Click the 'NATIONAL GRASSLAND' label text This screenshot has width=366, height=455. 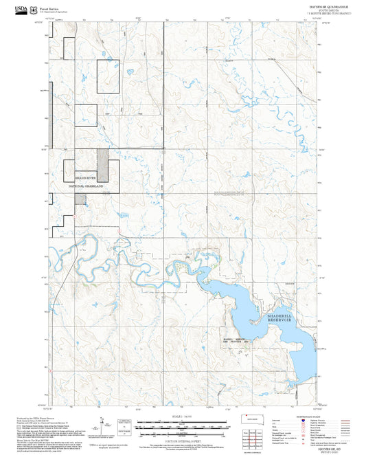click(x=87, y=186)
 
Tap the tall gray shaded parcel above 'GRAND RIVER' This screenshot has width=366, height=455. click(x=102, y=165)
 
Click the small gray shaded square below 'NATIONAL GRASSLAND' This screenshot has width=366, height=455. click(x=80, y=199)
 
